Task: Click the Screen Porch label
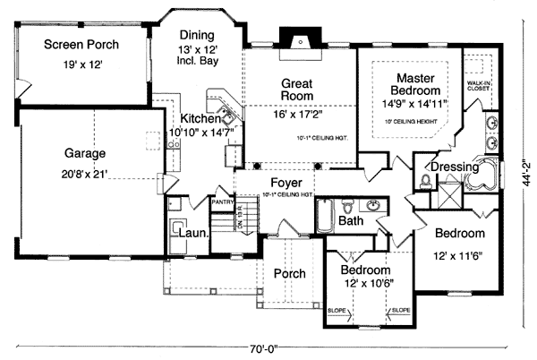click(81, 45)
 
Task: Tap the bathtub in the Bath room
click(326, 214)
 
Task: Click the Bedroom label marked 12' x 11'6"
click(459, 234)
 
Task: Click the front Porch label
click(289, 273)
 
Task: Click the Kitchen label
click(199, 118)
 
